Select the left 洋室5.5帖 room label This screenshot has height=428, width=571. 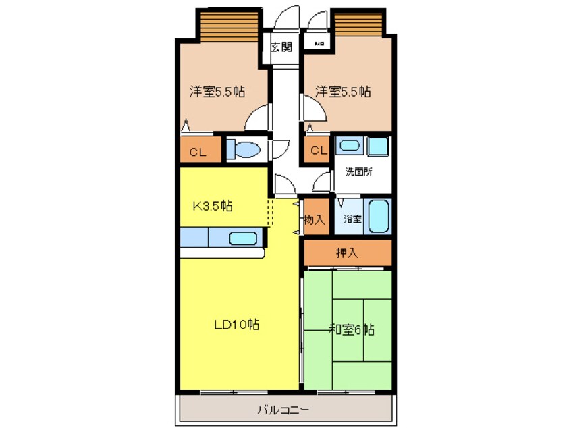coord(216,92)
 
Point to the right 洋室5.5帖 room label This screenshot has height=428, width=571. coord(343,92)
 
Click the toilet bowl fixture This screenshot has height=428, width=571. coord(244,149)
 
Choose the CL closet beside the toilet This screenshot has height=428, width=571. coord(197,152)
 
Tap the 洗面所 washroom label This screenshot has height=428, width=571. coord(359,171)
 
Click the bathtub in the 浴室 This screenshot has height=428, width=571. coord(379,215)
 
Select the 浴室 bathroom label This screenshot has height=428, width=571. coord(352,219)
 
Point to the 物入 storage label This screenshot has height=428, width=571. coord(315,219)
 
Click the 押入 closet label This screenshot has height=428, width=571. coord(347,254)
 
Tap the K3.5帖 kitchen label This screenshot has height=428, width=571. coord(213,206)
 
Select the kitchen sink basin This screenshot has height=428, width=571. coord(243,238)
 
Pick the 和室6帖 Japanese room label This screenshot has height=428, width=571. coord(351,330)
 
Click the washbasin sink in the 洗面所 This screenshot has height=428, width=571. coord(350,145)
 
